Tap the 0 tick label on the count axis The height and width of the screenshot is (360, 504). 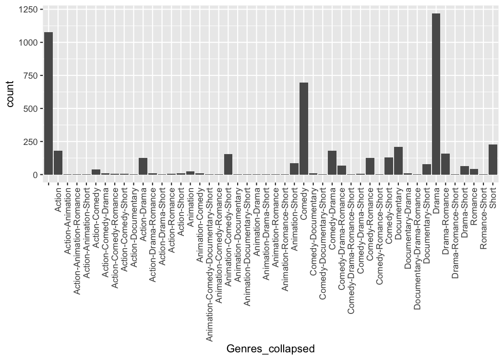click(x=35, y=175)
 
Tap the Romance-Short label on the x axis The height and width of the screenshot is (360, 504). click(x=483, y=218)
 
